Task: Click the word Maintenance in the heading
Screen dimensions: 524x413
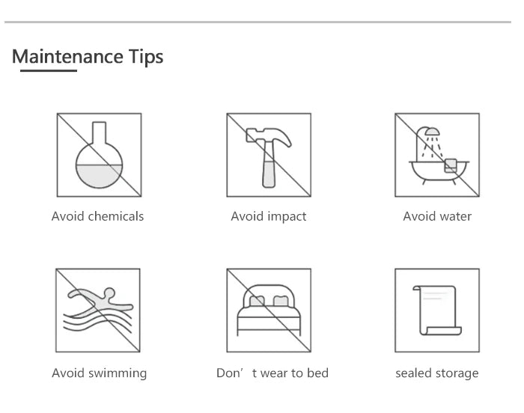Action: coord(67,56)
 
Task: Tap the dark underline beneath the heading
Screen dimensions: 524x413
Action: coord(49,70)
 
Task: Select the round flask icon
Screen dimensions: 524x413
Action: coord(100,155)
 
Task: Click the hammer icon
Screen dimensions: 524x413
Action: coord(269,157)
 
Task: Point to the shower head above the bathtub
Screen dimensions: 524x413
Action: coord(432,132)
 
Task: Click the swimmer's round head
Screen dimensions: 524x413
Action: coord(109,293)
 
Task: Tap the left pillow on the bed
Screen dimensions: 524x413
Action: coord(257,301)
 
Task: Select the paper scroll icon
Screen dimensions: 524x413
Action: coord(437,310)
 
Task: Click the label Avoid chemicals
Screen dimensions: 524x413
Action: coord(97,216)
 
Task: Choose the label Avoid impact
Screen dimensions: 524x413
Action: coord(269,216)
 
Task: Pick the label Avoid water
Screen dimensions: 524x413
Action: coord(437,216)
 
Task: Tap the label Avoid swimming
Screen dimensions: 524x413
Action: coord(100,373)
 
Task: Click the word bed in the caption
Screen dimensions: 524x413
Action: coord(318,373)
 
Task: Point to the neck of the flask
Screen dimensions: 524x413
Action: coord(100,132)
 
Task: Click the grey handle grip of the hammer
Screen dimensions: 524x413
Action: coord(269,174)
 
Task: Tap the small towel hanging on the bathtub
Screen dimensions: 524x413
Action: coord(451,166)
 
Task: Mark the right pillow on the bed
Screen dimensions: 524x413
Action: coord(281,301)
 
